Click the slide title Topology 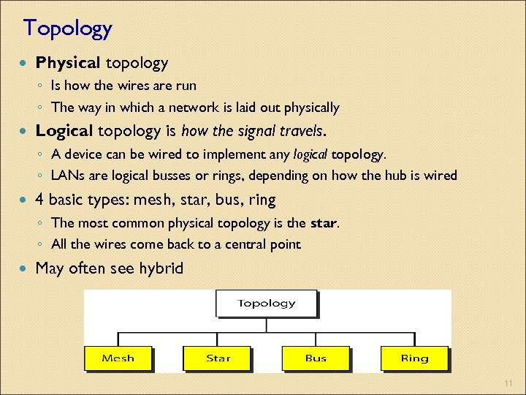point(67,29)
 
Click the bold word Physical point(68,64)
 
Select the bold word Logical point(64,131)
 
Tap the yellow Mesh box point(118,358)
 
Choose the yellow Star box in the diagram point(218,358)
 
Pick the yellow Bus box point(316,358)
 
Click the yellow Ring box point(414,358)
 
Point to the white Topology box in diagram point(266,304)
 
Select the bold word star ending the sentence point(324,222)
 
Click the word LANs point(68,176)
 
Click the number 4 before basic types point(40,199)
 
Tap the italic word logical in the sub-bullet point(310,154)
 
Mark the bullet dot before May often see point(26,269)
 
